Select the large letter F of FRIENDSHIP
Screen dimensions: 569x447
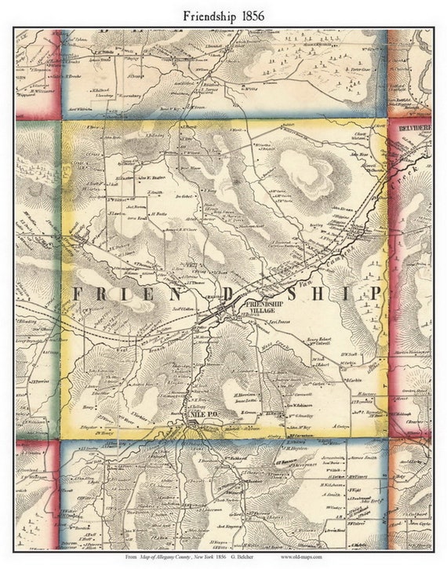click(x=79, y=294)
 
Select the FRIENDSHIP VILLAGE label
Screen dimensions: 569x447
click(x=264, y=307)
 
